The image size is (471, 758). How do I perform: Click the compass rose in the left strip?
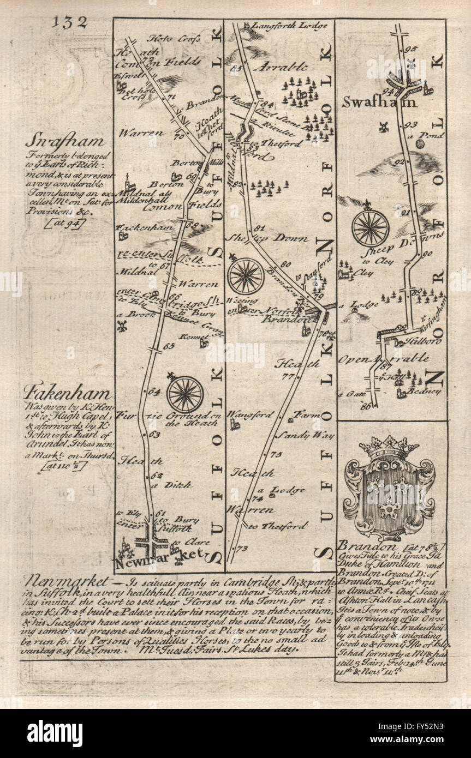pos(185,394)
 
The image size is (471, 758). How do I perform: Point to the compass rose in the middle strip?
pos(246,275)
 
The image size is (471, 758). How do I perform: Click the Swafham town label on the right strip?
pos(380,101)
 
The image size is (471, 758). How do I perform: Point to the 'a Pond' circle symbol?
pos(421,144)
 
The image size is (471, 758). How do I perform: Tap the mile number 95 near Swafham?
pos(411,50)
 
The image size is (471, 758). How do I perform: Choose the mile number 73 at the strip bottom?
pos(242,548)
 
